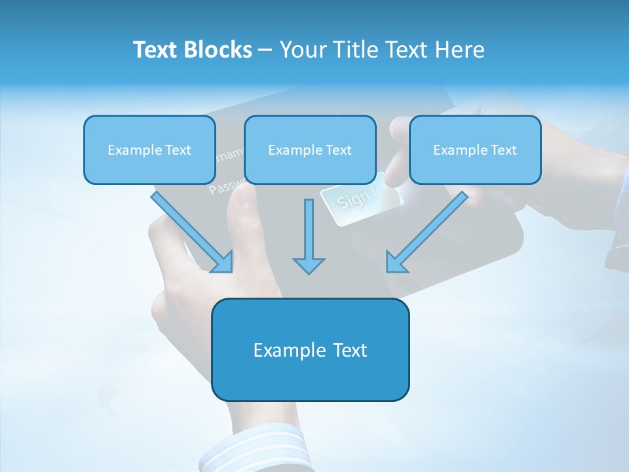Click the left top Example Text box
149,149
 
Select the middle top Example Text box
310,149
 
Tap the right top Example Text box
475,149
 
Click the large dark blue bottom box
310,349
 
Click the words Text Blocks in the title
192,50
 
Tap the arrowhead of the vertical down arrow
309,265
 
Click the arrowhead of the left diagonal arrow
223,262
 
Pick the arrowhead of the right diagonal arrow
396,262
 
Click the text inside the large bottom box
310,350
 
